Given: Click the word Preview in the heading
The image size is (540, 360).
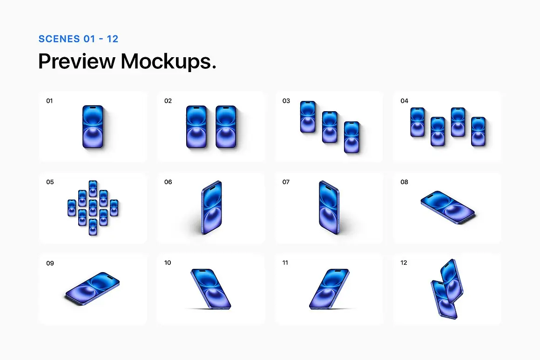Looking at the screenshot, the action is [x=76, y=61].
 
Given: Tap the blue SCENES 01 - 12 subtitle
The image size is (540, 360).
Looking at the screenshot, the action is [x=78, y=39].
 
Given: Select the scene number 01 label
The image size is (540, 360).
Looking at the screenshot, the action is [x=49, y=101].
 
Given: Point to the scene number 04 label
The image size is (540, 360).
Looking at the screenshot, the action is [x=405, y=101].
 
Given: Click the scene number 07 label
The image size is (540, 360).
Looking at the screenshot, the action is [x=286, y=182].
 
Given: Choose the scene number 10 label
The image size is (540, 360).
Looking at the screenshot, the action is [x=168, y=263].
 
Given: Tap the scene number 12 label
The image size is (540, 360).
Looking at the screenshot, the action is [x=404, y=263].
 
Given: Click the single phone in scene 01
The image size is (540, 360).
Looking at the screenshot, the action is [x=93, y=127].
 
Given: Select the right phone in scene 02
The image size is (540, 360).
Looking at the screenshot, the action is [x=226, y=127].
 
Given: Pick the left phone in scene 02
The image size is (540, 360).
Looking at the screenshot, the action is [x=196, y=127].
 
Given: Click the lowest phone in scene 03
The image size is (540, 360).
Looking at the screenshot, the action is [x=351, y=137].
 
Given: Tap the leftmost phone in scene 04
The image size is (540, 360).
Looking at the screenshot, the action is [x=418, y=122].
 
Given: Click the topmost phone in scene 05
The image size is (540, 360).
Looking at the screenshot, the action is [x=93, y=188].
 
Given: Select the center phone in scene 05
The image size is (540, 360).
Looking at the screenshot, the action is [x=93, y=208].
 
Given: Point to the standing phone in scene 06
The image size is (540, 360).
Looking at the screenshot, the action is [x=211, y=207].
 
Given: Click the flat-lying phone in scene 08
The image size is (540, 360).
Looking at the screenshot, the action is [x=448, y=207].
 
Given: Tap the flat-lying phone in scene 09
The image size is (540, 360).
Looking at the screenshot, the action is [x=92, y=288].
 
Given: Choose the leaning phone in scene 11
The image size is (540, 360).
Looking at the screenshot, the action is [x=329, y=289].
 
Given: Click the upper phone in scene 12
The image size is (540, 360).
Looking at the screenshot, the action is [x=452, y=281].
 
